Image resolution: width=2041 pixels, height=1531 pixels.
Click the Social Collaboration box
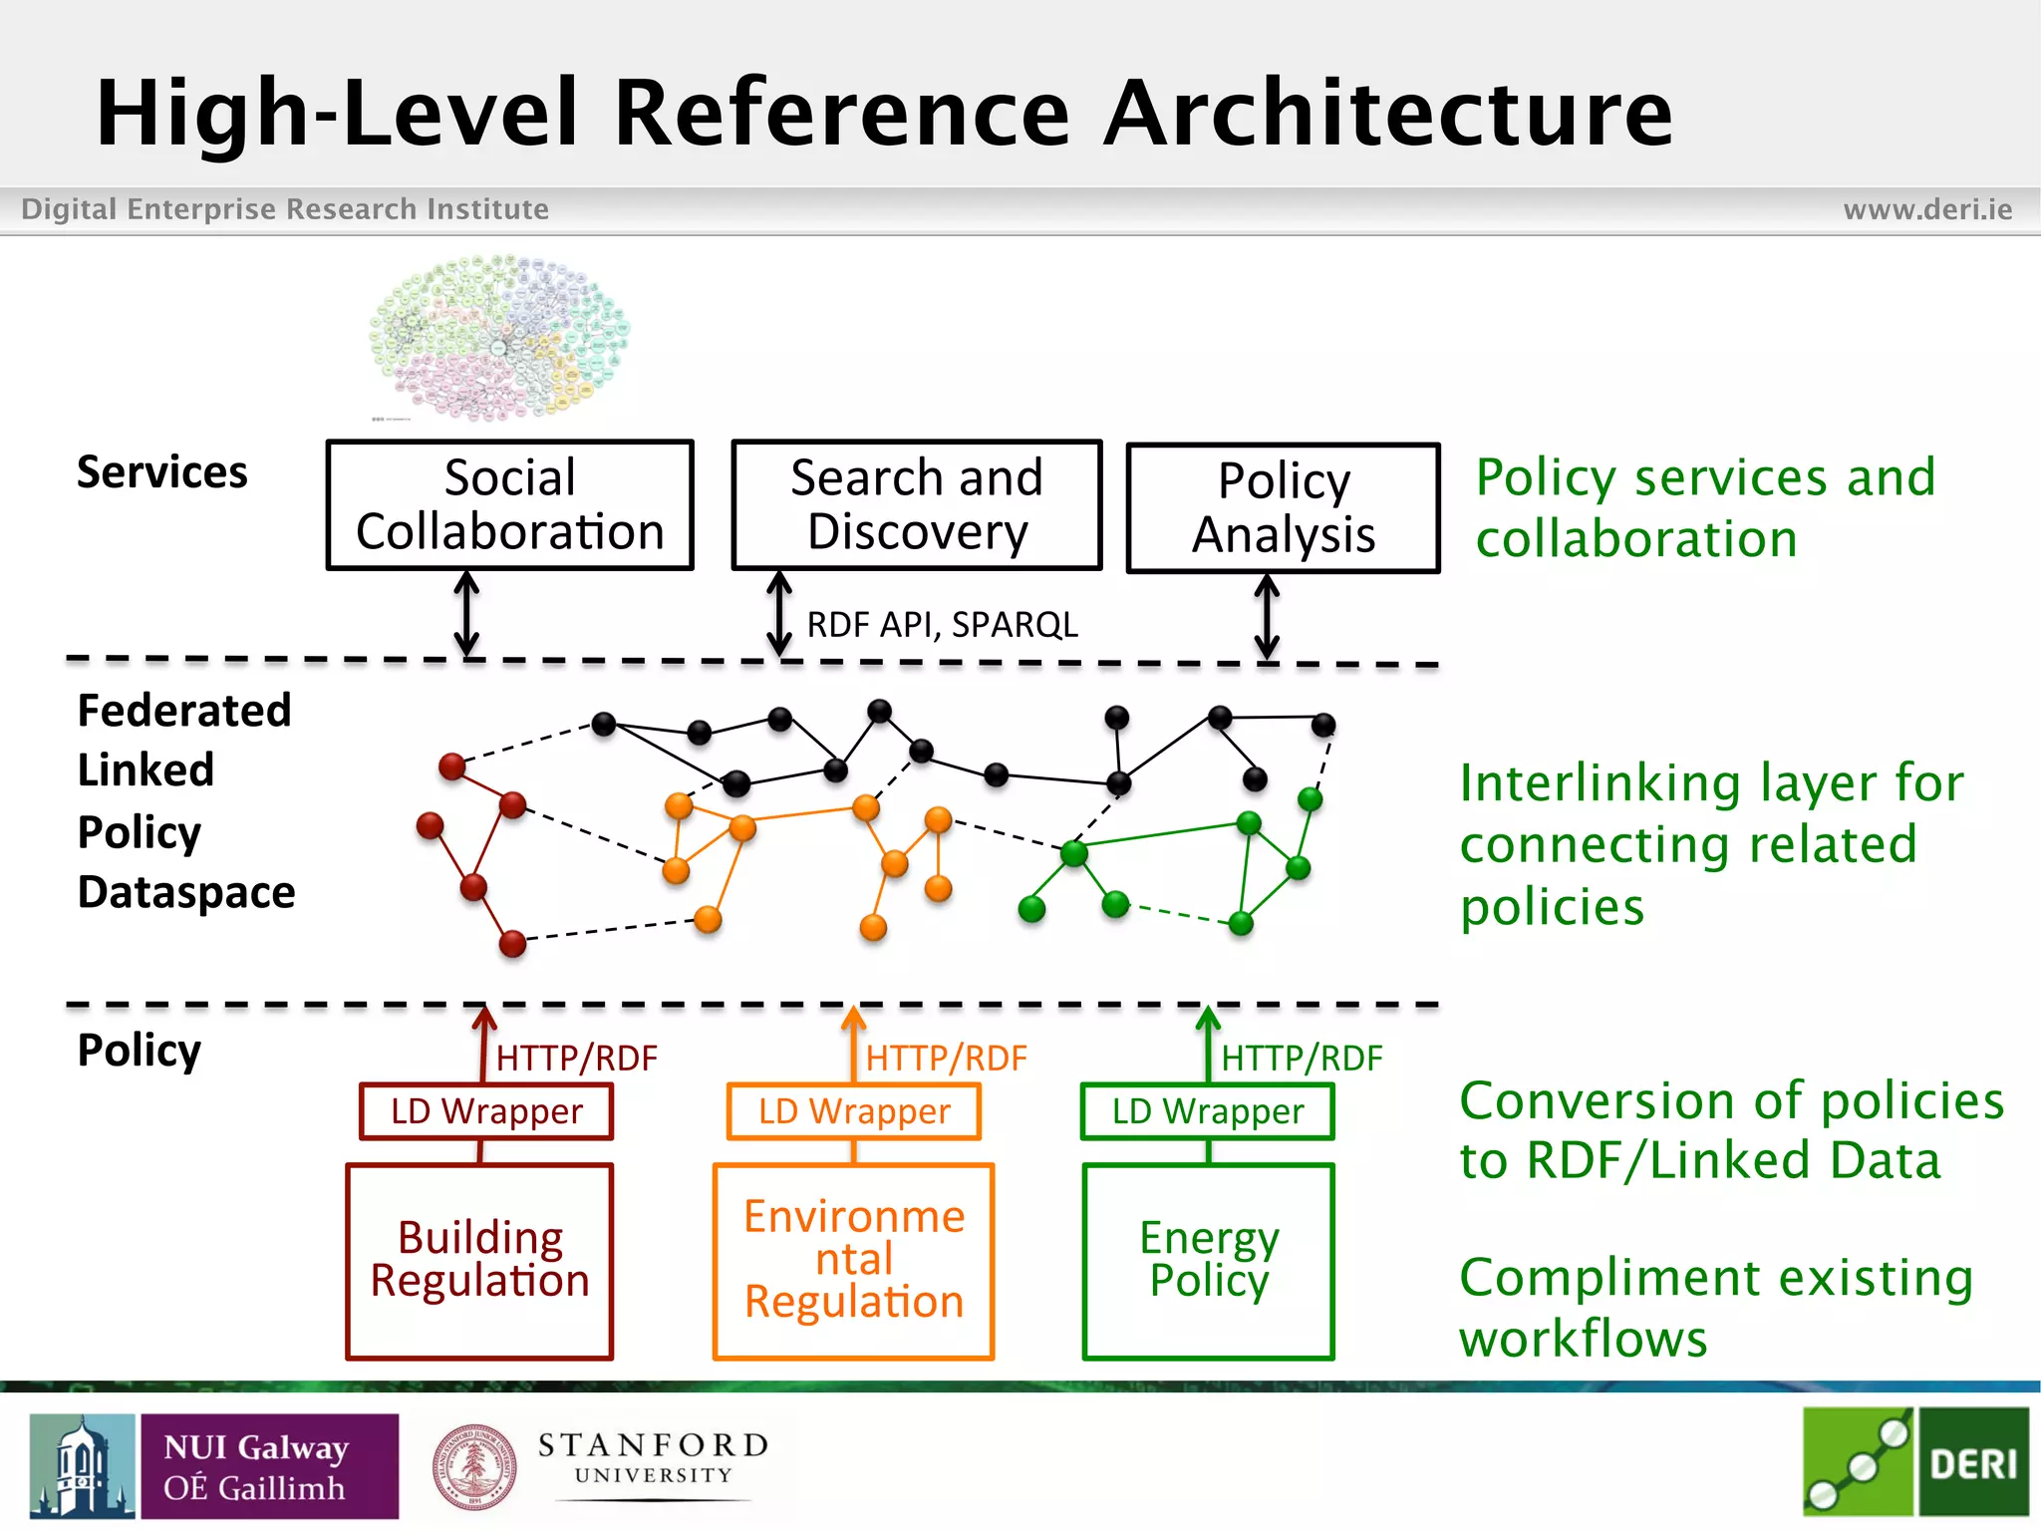click(x=509, y=504)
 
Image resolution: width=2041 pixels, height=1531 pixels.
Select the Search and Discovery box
click(x=916, y=504)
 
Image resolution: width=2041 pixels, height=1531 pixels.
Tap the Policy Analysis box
click(x=1283, y=507)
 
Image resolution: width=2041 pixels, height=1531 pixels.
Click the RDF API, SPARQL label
click(x=942, y=625)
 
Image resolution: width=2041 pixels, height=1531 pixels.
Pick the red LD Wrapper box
click(x=485, y=1111)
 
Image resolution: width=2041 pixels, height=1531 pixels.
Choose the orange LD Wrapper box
click(x=853, y=1111)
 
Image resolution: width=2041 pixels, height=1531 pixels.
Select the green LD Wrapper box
click(x=1207, y=1111)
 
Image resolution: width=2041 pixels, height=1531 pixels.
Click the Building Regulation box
click(x=479, y=1260)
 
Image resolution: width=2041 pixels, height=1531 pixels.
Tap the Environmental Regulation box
click(x=853, y=1260)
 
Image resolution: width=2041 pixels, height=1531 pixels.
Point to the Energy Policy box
click(x=1208, y=1260)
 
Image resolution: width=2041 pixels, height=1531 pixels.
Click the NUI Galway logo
click(x=214, y=1466)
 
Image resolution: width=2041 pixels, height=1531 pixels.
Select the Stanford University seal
click(x=474, y=1466)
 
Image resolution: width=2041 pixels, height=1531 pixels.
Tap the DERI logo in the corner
click(x=1915, y=1462)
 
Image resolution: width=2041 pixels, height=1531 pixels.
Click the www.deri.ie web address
click(x=1926, y=209)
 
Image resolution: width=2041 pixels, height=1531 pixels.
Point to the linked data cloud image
click(x=499, y=336)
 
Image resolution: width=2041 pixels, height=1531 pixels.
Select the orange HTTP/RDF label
click(x=945, y=1059)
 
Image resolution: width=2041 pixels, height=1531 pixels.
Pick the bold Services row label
click(x=161, y=472)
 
